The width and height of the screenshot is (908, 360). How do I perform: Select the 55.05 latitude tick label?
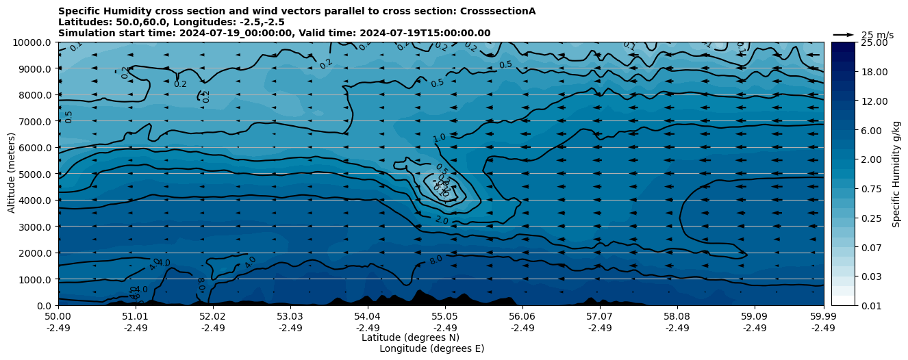[444, 317]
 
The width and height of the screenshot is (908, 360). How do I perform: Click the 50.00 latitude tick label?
[58, 317]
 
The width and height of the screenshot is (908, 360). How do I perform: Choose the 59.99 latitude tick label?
[823, 317]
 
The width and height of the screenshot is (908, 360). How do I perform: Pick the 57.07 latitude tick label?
[599, 317]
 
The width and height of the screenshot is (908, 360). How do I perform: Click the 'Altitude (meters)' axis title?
[12, 174]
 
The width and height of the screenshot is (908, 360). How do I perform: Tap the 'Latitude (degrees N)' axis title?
[410, 337]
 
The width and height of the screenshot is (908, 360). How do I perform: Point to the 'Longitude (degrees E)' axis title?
[431, 348]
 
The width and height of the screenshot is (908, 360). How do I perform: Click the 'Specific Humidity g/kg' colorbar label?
[896, 174]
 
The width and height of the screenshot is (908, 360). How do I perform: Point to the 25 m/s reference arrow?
[843, 35]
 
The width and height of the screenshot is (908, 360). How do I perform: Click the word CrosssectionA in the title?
[495, 11]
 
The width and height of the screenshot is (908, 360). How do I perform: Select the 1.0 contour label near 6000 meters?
[439, 138]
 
